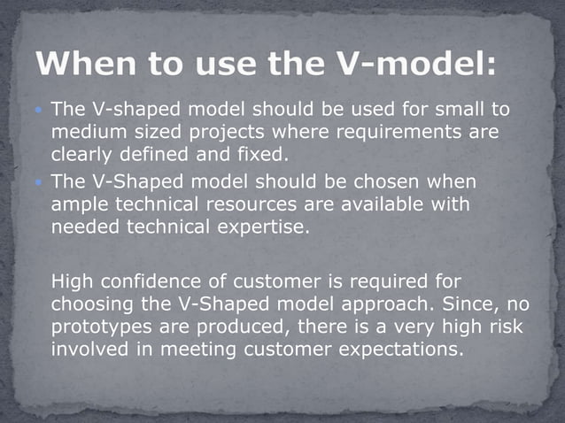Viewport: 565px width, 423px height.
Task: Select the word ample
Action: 80,205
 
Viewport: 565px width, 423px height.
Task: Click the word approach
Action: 386,305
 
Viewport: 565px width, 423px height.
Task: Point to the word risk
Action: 500,328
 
